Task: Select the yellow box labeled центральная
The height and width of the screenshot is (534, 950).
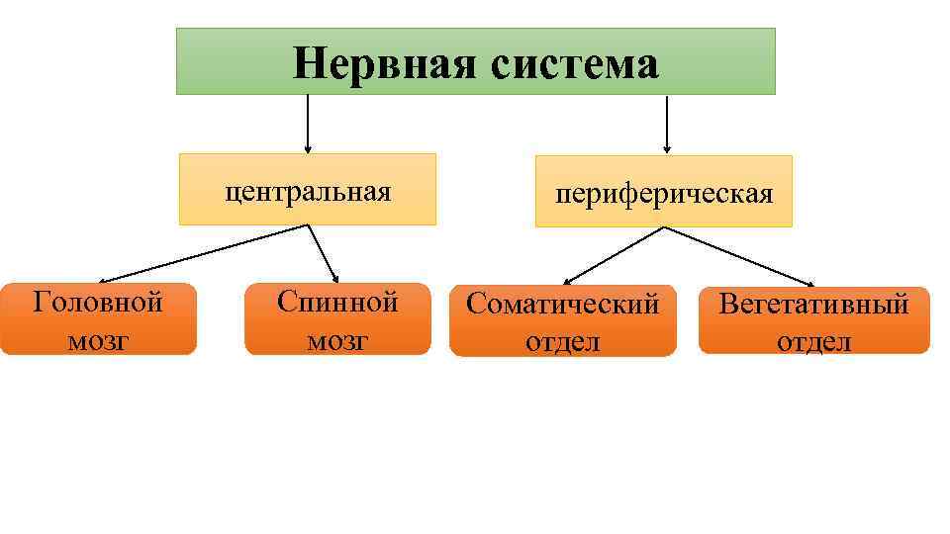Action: point(308,189)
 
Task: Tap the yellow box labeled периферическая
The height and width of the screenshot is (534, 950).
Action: point(663,192)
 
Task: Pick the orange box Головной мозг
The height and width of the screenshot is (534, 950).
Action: point(98,319)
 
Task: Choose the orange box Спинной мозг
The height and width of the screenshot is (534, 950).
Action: point(337,319)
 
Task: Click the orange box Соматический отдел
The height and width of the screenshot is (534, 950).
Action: point(562,321)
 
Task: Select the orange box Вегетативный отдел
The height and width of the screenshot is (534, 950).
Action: point(813,320)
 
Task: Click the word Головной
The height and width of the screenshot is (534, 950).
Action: point(98,301)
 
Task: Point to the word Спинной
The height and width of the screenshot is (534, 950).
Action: point(337,301)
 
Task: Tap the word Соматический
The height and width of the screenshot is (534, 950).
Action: point(562,304)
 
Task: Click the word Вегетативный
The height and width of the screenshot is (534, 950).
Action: point(813,303)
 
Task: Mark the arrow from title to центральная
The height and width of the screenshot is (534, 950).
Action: point(308,124)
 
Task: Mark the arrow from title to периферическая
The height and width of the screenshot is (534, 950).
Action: point(667,125)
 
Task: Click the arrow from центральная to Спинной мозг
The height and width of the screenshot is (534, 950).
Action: point(323,254)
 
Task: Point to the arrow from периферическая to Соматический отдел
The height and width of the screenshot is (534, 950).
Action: point(614,255)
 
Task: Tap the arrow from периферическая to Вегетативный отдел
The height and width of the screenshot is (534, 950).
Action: point(737,256)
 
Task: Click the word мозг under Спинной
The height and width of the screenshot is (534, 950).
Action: point(337,340)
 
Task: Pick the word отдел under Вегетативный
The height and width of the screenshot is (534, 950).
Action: point(813,342)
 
